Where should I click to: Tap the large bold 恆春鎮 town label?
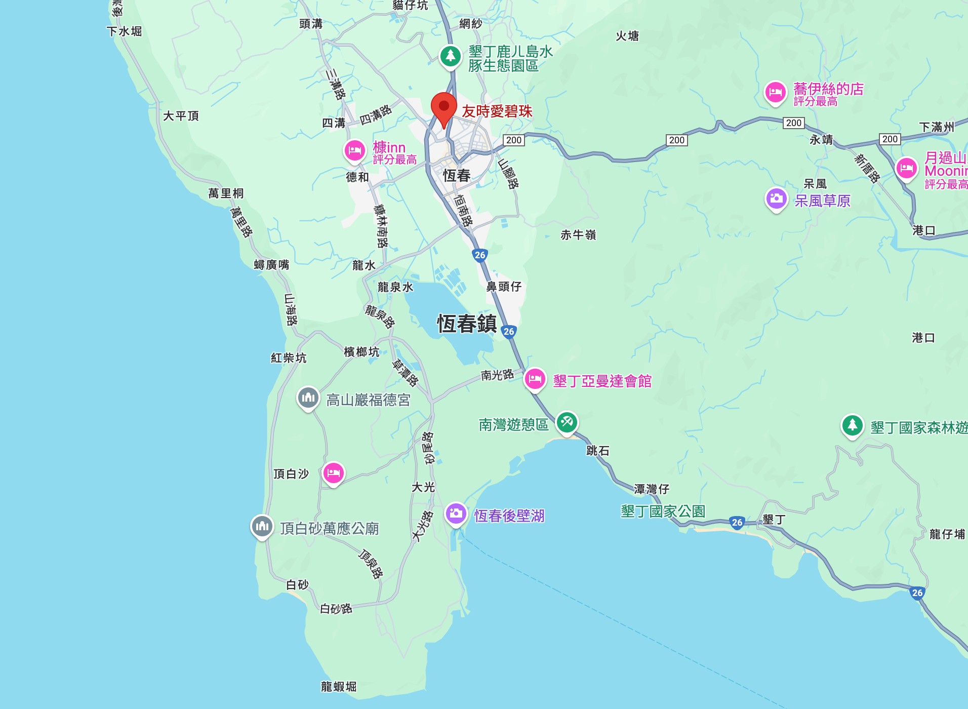tap(467, 324)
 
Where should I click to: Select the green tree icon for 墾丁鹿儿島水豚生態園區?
tap(450, 56)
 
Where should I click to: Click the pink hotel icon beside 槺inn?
tap(354, 150)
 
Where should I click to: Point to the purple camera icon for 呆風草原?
tap(776, 199)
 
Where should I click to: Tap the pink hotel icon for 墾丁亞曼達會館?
tap(535, 379)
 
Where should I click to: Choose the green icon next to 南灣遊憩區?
tap(567, 422)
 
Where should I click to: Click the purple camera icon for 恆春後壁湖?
tap(456, 514)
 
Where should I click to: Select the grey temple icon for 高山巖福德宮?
tap(308, 398)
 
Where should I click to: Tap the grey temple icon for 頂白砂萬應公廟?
tap(262, 526)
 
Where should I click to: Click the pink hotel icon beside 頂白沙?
tap(333, 473)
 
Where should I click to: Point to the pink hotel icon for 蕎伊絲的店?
tap(775, 92)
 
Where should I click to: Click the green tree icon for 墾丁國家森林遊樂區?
tap(852, 425)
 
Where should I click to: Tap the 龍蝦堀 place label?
tap(339, 687)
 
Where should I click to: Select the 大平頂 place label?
tap(181, 116)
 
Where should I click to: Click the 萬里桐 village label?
tap(226, 193)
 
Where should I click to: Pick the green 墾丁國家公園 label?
tap(663, 511)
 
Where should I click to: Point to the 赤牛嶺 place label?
tap(578, 235)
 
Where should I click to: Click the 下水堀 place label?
tap(124, 31)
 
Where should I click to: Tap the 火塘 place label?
tap(627, 36)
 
